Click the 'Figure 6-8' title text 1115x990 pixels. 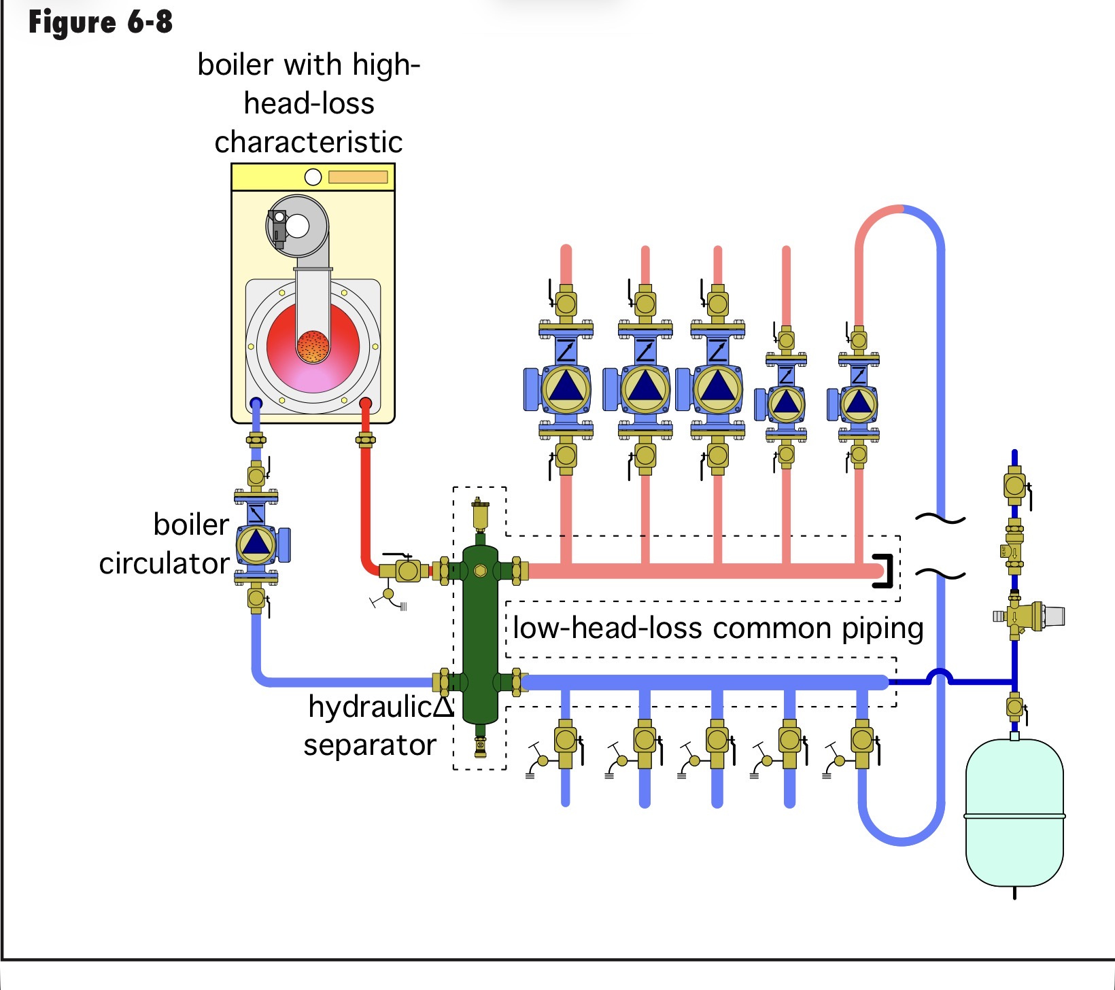[101, 22]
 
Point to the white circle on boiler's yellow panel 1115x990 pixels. [313, 177]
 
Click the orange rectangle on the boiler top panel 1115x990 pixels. [358, 177]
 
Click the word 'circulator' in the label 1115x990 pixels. [164, 564]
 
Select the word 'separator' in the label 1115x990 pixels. [369, 745]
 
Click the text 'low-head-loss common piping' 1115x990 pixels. [717, 628]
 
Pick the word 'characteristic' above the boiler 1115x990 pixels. [309, 143]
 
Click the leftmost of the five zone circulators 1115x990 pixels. [566, 388]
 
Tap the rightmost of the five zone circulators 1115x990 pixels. [859, 404]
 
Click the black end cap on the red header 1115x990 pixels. [884, 571]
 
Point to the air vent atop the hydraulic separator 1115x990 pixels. [481, 515]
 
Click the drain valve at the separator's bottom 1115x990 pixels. [480, 745]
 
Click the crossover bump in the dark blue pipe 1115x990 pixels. [941, 676]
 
